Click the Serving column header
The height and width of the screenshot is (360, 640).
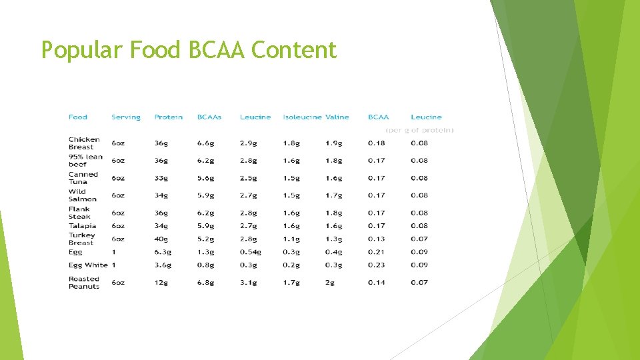click(x=126, y=117)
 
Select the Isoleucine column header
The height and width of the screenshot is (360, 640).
click(x=302, y=117)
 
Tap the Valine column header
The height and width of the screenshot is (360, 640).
click(x=337, y=117)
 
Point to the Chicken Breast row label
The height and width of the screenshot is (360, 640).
click(x=84, y=143)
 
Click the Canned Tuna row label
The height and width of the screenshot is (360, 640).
click(x=83, y=178)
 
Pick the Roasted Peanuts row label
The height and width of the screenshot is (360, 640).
click(x=84, y=283)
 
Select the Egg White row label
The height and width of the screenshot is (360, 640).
click(x=88, y=265)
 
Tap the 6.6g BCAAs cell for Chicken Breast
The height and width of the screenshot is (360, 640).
click(x=205, y=143)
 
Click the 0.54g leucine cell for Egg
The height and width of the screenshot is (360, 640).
click(x=250, y=252)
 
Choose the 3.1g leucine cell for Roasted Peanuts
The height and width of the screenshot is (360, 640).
click(x=248, y=283)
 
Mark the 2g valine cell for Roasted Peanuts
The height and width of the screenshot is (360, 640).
click(x=331, y=283)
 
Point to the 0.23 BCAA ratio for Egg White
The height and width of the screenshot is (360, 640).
click(x=377, y=265)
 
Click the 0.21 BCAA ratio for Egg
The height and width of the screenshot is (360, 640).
click(x=377, y=252)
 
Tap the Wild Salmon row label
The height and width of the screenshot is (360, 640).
click(x=83, y=195)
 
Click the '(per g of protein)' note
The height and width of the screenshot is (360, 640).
click(x=420, y=130)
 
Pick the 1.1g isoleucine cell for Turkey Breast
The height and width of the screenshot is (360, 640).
click(x=291, y=239)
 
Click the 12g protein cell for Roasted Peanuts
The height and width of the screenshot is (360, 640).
click(x=161, y=283)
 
